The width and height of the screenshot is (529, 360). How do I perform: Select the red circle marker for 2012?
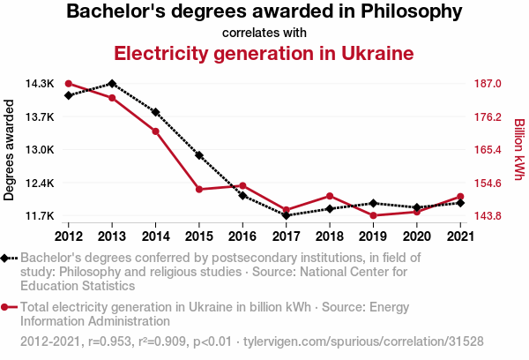pos(69,84)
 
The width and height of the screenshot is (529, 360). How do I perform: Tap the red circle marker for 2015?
pos(199,189)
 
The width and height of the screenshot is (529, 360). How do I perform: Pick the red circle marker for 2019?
pos(373,215)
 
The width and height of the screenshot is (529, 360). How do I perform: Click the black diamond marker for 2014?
pos(155,112)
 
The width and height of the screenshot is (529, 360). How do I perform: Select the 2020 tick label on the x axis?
pos(416,236)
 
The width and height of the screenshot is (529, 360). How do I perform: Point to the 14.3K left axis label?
pos(41,84)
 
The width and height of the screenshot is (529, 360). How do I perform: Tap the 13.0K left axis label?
pos(41,150)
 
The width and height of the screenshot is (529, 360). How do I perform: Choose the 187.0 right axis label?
pos(488,84)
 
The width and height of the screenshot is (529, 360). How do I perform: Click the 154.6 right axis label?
pos(488,183)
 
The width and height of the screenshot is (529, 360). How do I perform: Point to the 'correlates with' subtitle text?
pos(264,33)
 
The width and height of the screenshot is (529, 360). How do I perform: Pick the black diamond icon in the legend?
pos(8,258)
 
